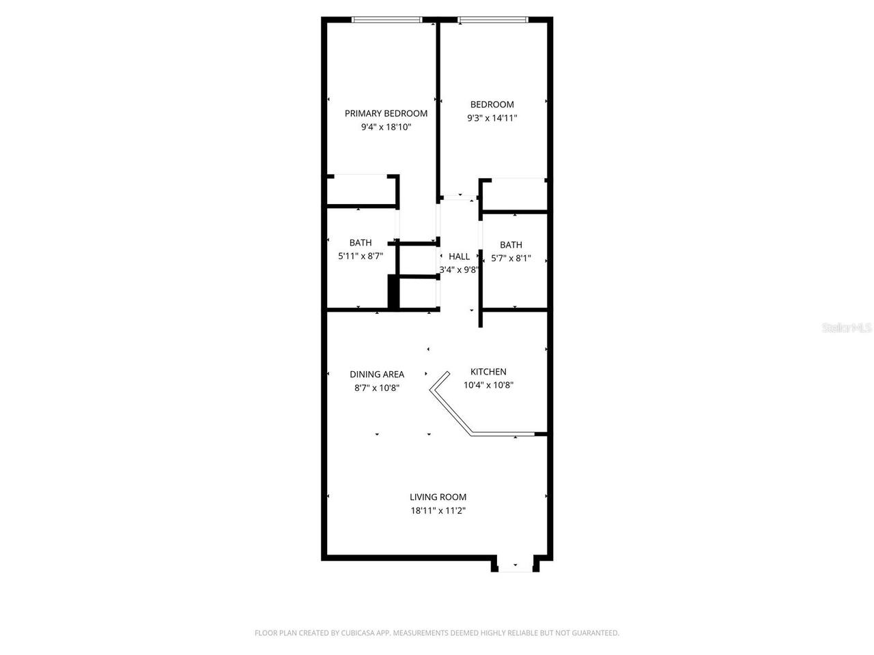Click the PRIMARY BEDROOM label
tap(386, 113)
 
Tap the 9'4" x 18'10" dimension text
tap(386, 127)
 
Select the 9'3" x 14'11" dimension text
tap(492, 118)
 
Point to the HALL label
tap(459, 257)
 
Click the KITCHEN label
tap(488, 372)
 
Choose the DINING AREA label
tap(377, 375)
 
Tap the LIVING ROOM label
tap(438, 497)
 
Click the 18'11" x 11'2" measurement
tap(438, 511)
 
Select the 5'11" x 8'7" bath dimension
tap(361, 257)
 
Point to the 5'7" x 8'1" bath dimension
tap(511, 259)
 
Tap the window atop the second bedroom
tap(492, 20)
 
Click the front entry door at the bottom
tap(515, 566)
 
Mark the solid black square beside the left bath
tap(393, 292)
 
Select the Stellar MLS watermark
tap(847, 328)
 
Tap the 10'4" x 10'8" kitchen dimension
tap(488, 385)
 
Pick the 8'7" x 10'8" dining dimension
tap(377, 388)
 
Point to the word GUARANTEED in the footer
tap(594, 633)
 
